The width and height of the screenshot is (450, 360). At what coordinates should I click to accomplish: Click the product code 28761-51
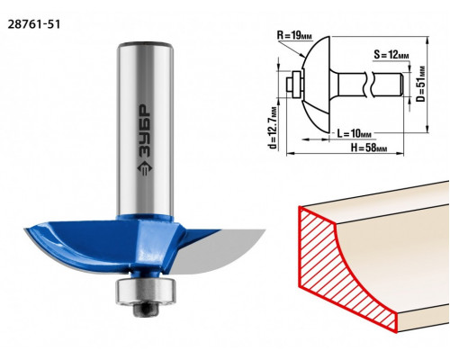coord(34,24)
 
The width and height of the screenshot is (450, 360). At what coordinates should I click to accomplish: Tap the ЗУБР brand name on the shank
coord(145,130)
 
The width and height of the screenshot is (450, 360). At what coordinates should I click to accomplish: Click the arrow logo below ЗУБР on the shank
coord(145,168)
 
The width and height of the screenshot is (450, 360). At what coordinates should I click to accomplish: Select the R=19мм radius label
coord(294,36)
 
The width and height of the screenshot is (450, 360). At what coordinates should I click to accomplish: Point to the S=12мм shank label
coord(391,55)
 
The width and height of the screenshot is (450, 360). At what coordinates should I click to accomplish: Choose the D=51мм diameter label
coord(421,84)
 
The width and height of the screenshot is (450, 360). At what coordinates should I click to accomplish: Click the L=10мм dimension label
coord(354,133)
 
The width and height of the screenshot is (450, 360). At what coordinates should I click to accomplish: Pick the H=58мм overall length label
coord(369,148)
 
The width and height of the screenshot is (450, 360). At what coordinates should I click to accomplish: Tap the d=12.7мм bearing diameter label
coord(273,128)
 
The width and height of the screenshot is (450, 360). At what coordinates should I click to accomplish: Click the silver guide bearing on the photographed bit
coord(145,292)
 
